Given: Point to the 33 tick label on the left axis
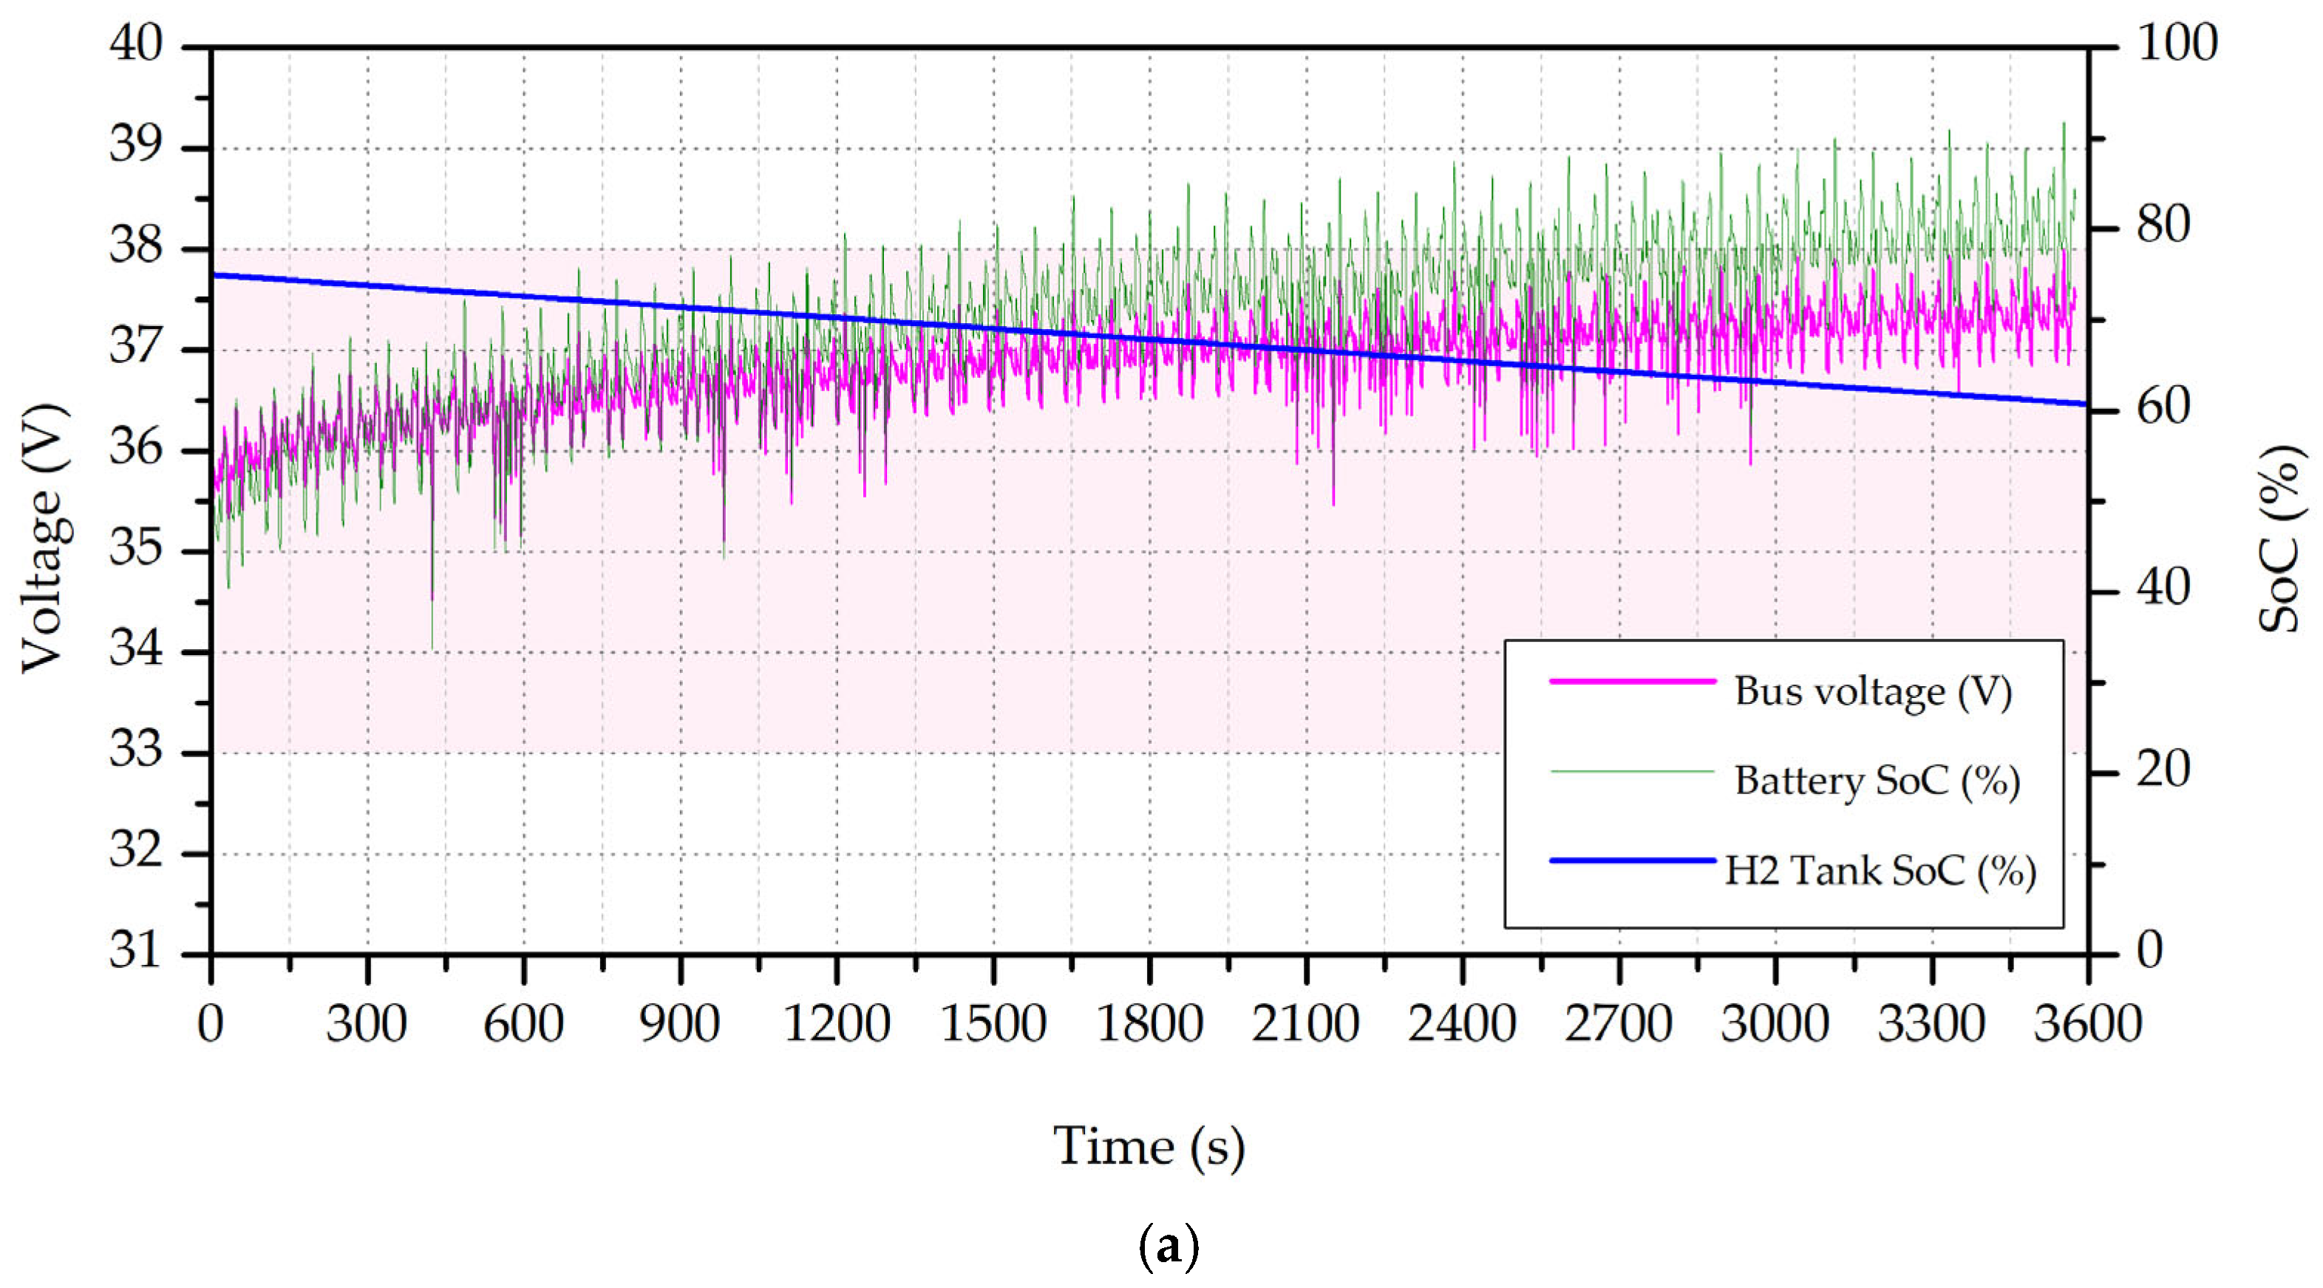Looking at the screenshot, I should click(136, 750).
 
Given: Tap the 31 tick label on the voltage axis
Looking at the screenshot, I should click(136, 951).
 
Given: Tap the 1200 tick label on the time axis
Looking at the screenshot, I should click(837, 1025).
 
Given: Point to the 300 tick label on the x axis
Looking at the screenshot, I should click(367, 1025).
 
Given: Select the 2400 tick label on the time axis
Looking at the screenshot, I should click(1462, 1025).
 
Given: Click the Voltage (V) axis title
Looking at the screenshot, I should click(44, 539).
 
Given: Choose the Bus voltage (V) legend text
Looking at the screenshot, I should click(1873, 693).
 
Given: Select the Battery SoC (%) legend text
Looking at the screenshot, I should click(1877, 781).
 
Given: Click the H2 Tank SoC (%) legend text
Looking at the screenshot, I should click(1880, 871).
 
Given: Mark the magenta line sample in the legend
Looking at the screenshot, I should click(1632, 682).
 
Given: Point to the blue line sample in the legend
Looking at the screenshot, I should click(1632, 861).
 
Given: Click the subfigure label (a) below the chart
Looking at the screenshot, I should click(1169, 1247).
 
